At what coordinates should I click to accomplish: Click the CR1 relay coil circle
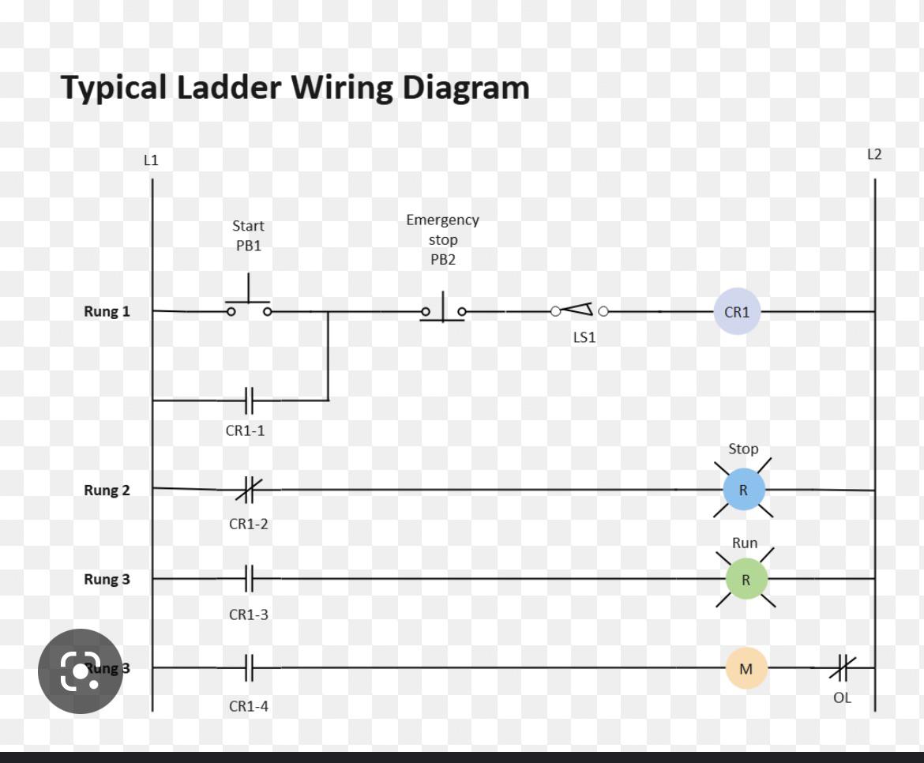click(x=737, y=311)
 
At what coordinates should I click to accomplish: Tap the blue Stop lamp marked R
click(x=743, y=490)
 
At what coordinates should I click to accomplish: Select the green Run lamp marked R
click(x=746, y=579)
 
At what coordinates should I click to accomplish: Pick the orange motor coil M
click(x=746, y=668)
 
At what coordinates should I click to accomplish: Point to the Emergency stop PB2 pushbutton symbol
click(x=443, y=308)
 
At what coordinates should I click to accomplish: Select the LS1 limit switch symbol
click(x=580, y=310)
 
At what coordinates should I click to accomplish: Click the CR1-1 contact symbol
click(x=249, y=400)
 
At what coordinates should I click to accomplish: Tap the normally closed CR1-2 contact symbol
click(x=248, y=490)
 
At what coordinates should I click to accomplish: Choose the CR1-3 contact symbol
click(x=249, y=579)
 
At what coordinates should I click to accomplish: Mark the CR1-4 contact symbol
click(x=249, y=668)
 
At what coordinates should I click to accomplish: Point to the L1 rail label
click(x=151, y=160)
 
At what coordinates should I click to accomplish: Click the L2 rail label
click(x=874, y=155)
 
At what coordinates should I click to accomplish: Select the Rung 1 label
click(x=107, y=311)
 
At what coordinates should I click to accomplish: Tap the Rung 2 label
click(x=107, y=490)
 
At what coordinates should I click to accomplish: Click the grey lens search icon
click(x=80, y=671)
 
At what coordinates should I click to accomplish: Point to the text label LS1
click(x=584, y=337)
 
